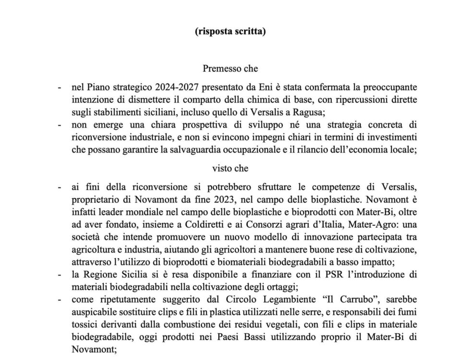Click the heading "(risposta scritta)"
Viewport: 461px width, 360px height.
coord(230,32)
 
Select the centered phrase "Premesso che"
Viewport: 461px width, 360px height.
coord(230,69)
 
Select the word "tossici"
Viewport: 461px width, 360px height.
coord(85,325)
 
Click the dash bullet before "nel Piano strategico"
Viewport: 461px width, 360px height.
coord(59,88)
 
